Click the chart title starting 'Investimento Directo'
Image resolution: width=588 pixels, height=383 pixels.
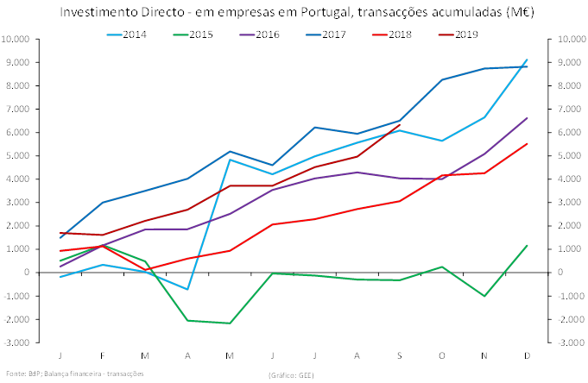click(293, 12)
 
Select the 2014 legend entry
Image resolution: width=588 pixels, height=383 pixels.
click(135, 34)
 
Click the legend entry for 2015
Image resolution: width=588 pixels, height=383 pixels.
click(202, 34)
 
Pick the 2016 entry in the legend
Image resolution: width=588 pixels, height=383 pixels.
click(269, 34)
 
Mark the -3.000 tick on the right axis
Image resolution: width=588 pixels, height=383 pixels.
click(571, 342)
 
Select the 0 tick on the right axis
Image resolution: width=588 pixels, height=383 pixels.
click(563, 273)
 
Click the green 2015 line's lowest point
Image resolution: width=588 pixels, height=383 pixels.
click(230, 323)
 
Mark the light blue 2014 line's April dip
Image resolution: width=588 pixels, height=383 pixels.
click(187, 289)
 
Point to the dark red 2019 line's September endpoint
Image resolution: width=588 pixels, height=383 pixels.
click(400, 125)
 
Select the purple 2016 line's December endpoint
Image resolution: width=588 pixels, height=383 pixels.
click(527, 118)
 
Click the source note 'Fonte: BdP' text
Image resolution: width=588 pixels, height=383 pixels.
click(74, 374)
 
